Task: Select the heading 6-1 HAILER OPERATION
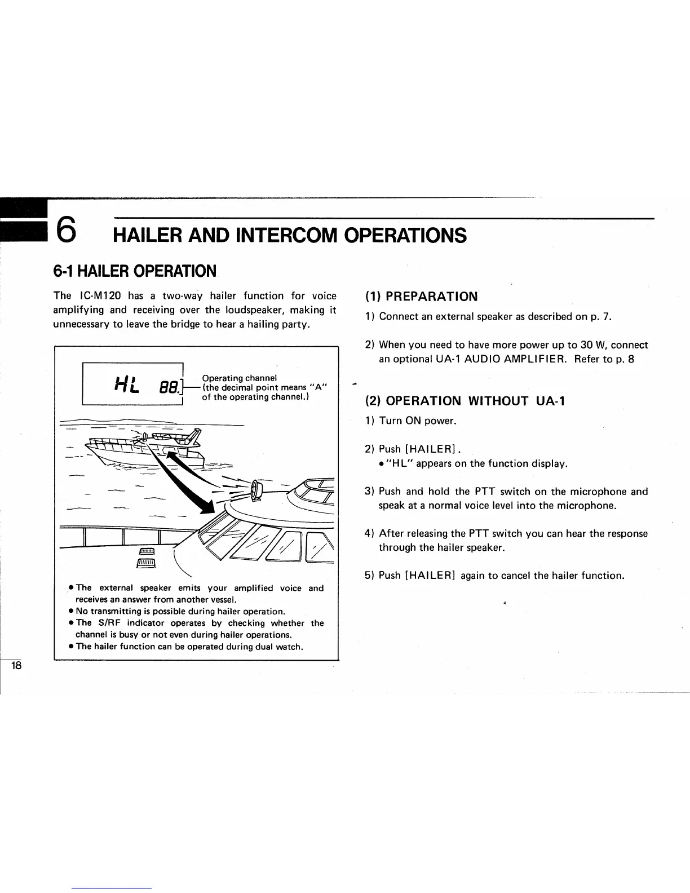[x=134, y=271]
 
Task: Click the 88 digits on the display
[x=167, y=388]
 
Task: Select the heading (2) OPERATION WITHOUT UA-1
[x=465, y=401]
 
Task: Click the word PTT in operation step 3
[x=481, y=492]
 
